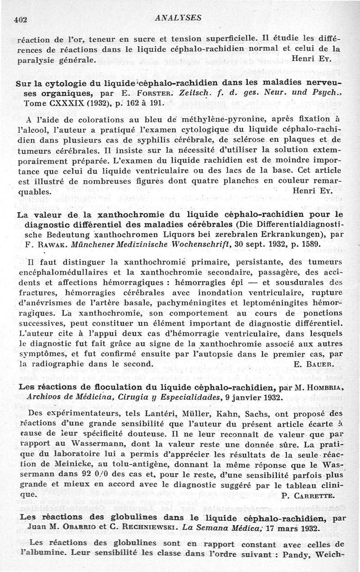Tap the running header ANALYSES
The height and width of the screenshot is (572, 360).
click(x=177, y=18)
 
